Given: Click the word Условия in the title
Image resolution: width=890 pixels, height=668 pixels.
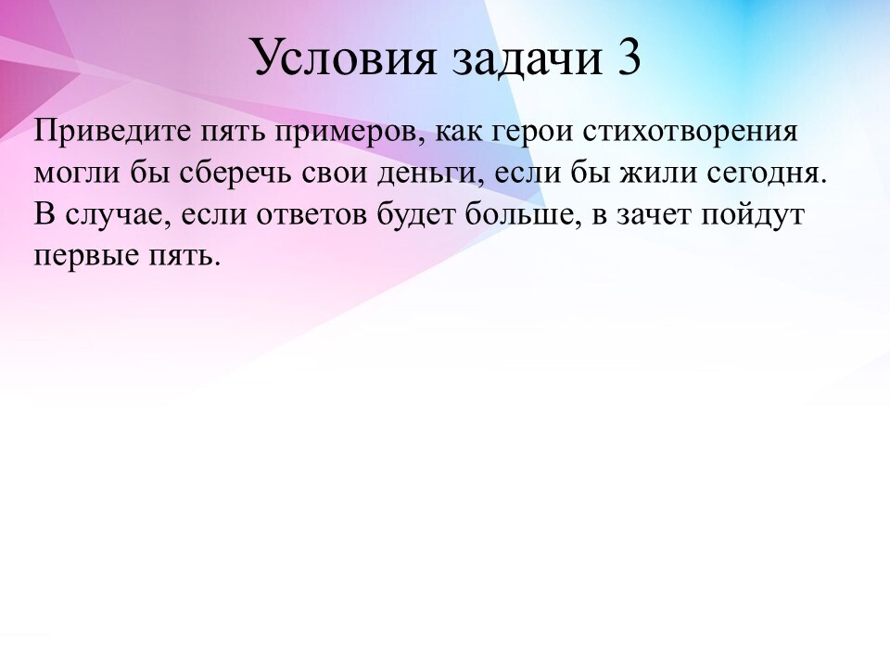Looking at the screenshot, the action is [345, 58].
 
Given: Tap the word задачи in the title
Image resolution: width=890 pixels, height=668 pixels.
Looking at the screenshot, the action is [528, 58].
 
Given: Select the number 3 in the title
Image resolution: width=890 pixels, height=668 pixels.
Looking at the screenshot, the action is [629, 57].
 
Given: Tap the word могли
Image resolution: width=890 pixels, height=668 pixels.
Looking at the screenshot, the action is [77, 173].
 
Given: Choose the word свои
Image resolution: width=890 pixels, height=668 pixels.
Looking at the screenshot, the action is [334, 173].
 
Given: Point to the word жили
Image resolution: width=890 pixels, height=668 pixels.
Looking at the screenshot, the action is [658, 173].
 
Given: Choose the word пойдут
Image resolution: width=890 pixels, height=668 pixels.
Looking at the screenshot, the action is [753, 214].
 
